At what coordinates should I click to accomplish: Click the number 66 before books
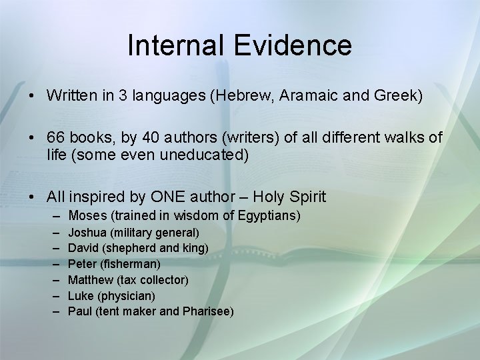[x=55, y=138]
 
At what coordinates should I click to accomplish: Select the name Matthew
[x=90, y=280]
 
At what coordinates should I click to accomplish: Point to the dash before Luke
[x=53, y=295]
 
